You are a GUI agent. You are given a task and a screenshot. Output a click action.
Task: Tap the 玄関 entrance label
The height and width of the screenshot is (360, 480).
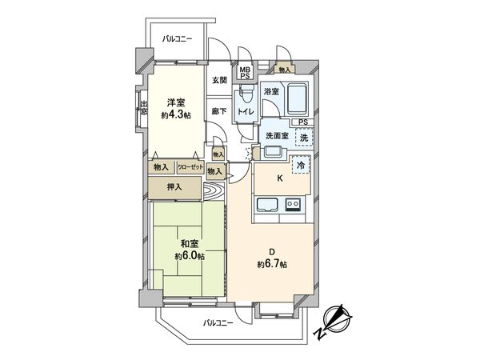(219, 80)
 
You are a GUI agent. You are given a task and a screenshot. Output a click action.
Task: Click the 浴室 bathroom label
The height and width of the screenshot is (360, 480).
(272, 92)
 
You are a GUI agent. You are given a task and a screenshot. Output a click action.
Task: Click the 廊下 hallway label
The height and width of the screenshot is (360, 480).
(218, 110)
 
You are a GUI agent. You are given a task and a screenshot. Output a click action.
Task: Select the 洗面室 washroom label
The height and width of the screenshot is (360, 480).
(277, 135)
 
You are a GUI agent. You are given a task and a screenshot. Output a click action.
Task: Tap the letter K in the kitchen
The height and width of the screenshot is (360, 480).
(280, 180)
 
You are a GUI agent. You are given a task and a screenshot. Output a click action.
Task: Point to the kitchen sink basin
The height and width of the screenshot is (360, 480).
(267, 209)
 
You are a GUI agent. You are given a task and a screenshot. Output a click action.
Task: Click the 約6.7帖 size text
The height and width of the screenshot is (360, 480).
(272, 264)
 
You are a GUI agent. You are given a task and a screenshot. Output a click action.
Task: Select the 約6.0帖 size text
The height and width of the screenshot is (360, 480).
(190, 257)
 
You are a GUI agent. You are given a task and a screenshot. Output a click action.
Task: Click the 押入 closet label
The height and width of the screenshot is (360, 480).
(174, 187)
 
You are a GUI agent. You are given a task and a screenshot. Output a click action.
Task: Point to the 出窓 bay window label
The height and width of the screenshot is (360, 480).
(143, 107)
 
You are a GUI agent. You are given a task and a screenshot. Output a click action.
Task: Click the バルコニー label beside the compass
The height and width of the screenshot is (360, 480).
(218, 322)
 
